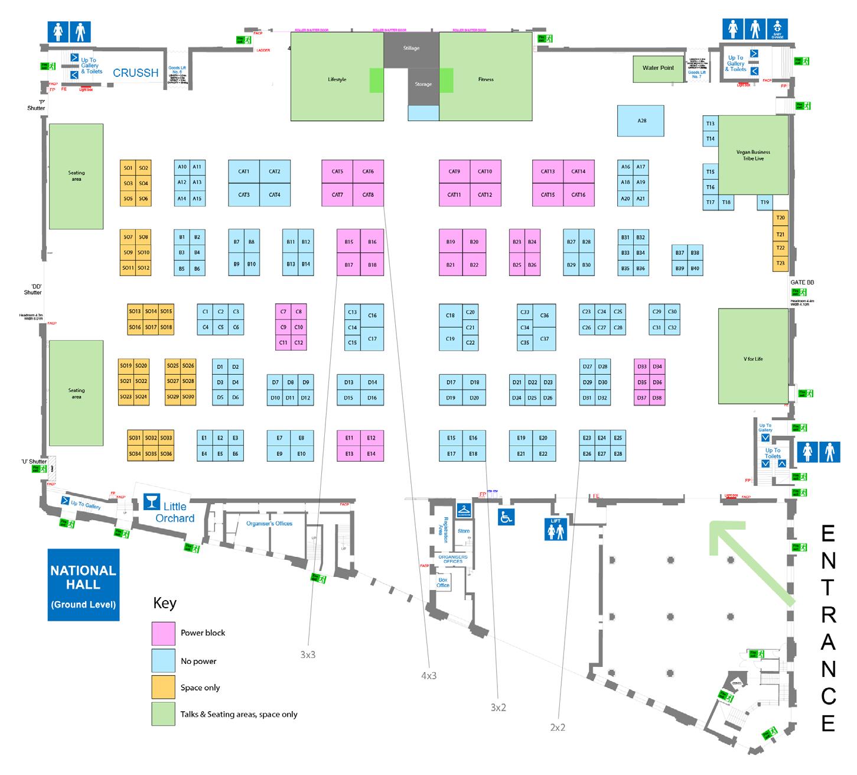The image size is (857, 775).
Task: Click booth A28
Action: (641, 121)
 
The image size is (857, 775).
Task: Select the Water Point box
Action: (658, 68)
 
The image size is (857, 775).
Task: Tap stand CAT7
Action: (337, 195)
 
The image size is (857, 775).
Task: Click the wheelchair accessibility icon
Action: (506, 517)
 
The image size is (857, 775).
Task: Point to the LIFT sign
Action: (555, 529)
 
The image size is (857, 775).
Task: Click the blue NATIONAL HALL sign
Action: (83, 585)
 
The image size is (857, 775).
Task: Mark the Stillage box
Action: (411, 48)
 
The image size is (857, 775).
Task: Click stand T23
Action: (780, 264)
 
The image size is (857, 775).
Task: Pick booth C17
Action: (372, 339)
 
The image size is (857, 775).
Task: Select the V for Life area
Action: (753, 359)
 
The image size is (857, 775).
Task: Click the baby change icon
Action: (777, 30)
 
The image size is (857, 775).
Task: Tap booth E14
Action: (371, 454)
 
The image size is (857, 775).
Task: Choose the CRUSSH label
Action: (136, 73)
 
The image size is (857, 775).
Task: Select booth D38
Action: (657, 398)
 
